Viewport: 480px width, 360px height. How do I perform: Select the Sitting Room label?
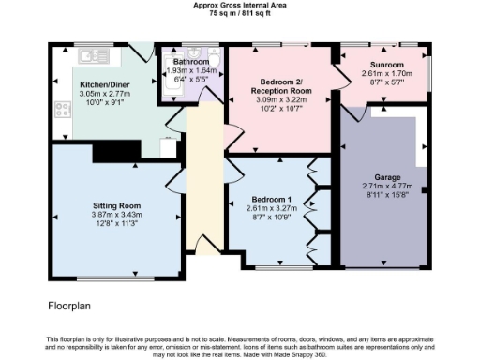pyautogui.click(x=116, y=204)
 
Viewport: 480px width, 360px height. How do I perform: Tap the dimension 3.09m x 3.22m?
pyautogui.click(x=281, y=99)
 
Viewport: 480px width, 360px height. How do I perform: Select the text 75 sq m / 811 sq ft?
pyautogui.click(x=240, y=13)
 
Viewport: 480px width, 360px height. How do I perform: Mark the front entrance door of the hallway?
pyautogui.click(x=203, y=246)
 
